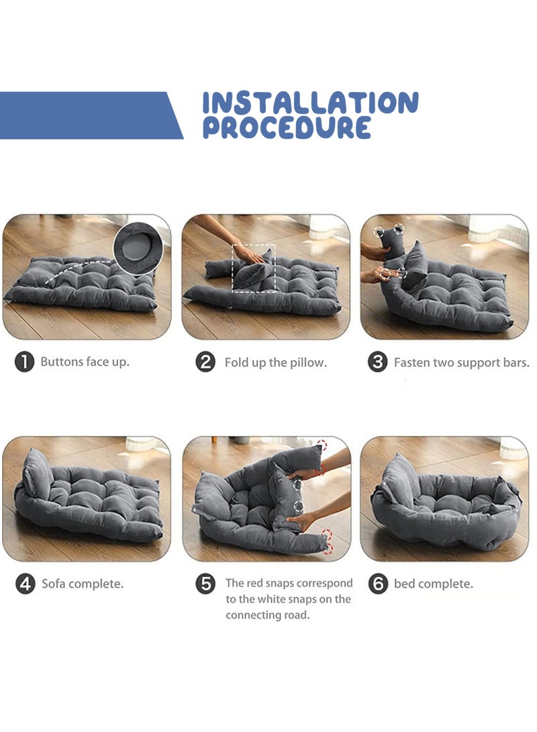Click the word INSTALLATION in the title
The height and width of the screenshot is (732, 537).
click(310, 103)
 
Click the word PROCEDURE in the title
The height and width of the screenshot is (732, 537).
click(287, 127)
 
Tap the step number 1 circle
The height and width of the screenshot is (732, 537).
click(24, 362)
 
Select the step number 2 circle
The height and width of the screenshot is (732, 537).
click(205, 362)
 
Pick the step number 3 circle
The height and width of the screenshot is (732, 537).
click(378, 362)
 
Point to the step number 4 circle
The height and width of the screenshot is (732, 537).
click(25, 584)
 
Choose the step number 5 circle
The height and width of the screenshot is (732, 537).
click(205, 584)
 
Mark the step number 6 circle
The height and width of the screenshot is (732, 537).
click(378, 584)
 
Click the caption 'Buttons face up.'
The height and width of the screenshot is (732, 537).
click(85, 362)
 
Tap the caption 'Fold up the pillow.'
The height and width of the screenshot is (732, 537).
click(275, 363)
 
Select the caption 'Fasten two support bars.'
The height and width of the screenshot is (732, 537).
click(461, 363)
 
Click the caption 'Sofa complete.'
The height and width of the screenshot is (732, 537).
click(83, 584)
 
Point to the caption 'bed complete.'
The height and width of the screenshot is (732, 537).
click(433, 584)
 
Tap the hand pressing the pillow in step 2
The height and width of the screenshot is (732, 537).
click(250, 254)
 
